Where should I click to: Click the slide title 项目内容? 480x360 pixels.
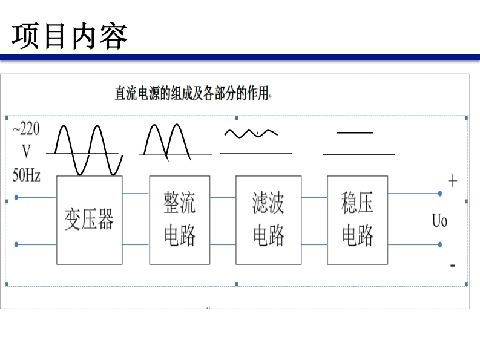(x=70, y=36)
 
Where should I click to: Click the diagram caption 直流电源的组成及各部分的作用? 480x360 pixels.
(x=191, y=94)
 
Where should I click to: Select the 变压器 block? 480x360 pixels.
(x=89, y=220)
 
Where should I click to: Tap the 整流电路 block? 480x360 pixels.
(x=180, y=220)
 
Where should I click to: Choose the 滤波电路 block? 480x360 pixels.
(x=268, y=220)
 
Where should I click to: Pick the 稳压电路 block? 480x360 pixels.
(x=357, y=220)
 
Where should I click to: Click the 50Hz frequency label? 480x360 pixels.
(x=27, y=175)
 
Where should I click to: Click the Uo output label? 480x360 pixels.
(x=439, y=220)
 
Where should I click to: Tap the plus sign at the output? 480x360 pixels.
(x=452, y=180)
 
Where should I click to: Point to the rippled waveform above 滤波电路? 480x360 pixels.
(x=251, y=133)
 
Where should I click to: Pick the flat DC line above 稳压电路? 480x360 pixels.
(x=355, y=133)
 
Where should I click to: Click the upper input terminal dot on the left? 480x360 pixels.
(x=16, y=197)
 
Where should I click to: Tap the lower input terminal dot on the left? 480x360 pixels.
(x=16, y=244)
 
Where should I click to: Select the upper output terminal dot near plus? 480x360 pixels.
(x=440, y=194)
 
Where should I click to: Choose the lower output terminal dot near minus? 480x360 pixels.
(x=440, y=244)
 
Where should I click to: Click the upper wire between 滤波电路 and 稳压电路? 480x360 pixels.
(x=314, y=197)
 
